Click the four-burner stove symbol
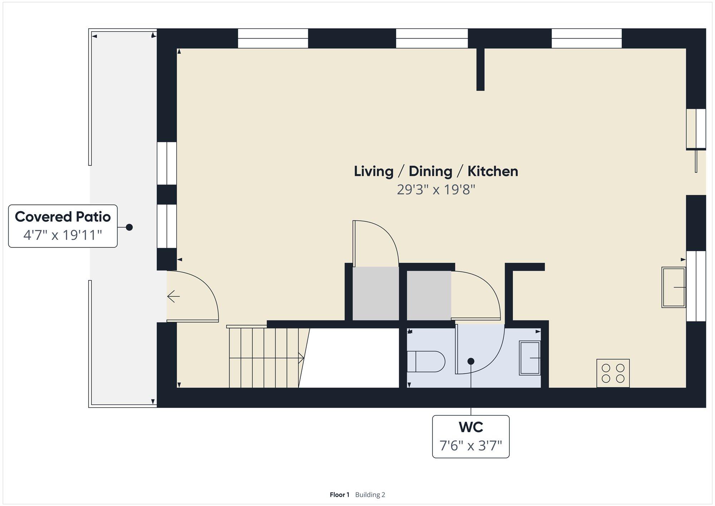point(613,373)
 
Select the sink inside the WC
point(530,358)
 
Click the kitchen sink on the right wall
point(674,287)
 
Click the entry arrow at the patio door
point(173,296)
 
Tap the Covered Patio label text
point(63,217)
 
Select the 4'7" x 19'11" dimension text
point(63,235)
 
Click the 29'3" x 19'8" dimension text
point(436,189)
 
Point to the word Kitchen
point(493,171)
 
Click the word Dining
point(430,171)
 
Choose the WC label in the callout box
point(471,427)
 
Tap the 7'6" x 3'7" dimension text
point(471,446)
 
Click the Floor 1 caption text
point(339,495)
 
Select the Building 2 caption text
point(370,495)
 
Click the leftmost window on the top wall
point(273,38)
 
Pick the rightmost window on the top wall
point(587,38)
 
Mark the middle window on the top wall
point(432,38)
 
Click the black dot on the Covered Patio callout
point(129,227)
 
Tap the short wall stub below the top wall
point(480,69)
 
